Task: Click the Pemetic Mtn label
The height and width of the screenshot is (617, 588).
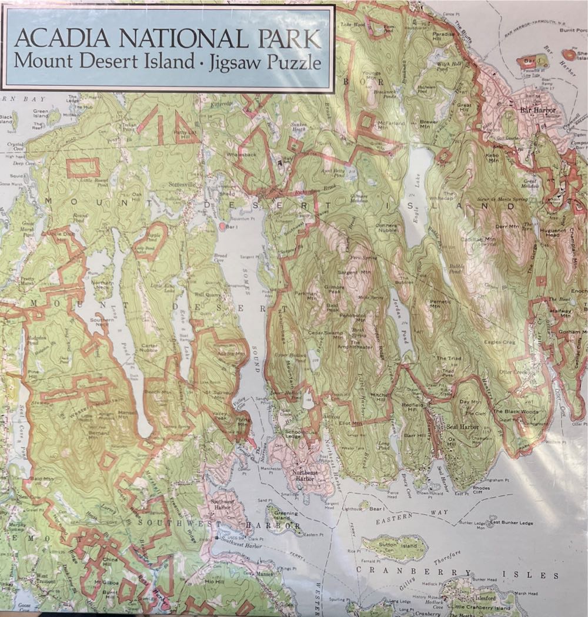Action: (435, 303)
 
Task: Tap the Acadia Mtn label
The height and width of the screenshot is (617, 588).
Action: (230, 354)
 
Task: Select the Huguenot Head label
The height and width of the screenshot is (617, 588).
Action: (553, 233)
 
